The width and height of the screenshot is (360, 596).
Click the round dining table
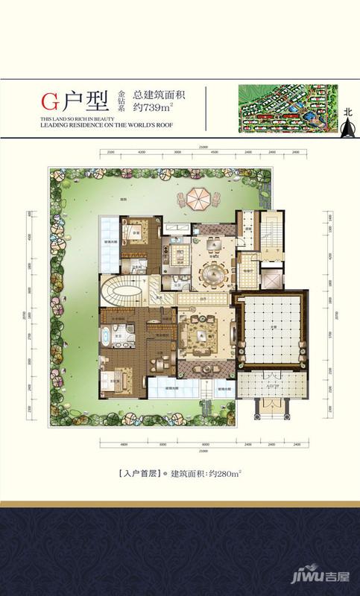(212, 276)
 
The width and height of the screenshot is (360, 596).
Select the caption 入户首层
(139, 472)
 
